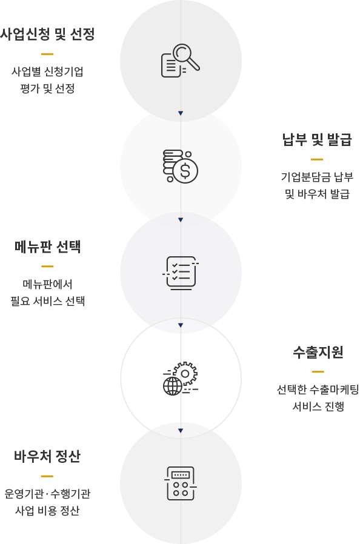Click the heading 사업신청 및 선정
pyautogui.click(x=47, y=34)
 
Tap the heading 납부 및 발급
pyautogui.click(x=317, y=139)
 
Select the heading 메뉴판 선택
pyautogui.click(x=47, y=247)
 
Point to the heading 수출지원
pyautogui.click(x=318, y=352)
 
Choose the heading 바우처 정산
pyautogui.click(x=47, y=456)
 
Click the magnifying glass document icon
pyautogui.click(x=181, y=61)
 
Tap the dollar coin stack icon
pyautogui.click(x=181, y=166)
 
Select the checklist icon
pyautogui.click(x=181, y=273)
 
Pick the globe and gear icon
pyautogui.click(x=181, y=378)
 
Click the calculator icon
pyautogui.click(x=181, y=483)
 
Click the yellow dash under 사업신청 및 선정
pyautogui.click(x=47, y=54)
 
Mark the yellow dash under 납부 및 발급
pyautogui.click(x=317, y=159)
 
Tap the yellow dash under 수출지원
pyautogui.click(x=318, y=371)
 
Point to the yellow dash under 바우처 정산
pyautogui.click(x=47, y=476)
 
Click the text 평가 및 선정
pyautogui.click(x=47, y=89)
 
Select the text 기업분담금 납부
pyautogui.click(x=317, y=177)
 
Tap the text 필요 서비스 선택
pyautogui.click(x=47, y=301)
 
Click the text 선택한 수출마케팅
pyautogui.click(x=318, y=390)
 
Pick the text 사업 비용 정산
pyautogui.click(x=47, y=510)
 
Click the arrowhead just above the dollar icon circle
pyautogui.click(x=181, y=113)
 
